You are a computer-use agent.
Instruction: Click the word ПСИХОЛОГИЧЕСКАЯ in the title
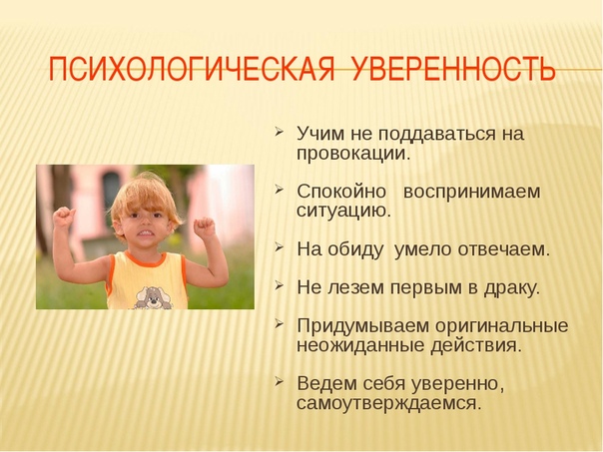[x=192, y=69]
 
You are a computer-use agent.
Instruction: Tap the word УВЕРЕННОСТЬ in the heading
[x=453, y=69]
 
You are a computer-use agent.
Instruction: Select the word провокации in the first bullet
[x=351, y=155]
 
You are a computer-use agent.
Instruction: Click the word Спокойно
[x=341, y=192]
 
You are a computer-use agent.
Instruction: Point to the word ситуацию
[x=343, y=211]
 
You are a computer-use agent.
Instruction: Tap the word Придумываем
[x=362, y=327]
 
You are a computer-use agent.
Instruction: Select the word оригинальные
[x=502, y=327]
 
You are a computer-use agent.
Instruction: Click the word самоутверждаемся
[x=388, y=404]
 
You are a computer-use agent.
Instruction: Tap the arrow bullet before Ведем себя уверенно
[x=279, y=382]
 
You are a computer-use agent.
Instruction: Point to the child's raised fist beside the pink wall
[x=205, y=227]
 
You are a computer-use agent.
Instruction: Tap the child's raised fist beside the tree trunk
[x=64, y=218]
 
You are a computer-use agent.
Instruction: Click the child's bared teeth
[x=145, y=232]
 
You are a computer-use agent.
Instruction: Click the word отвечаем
[x=503, y=249]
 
